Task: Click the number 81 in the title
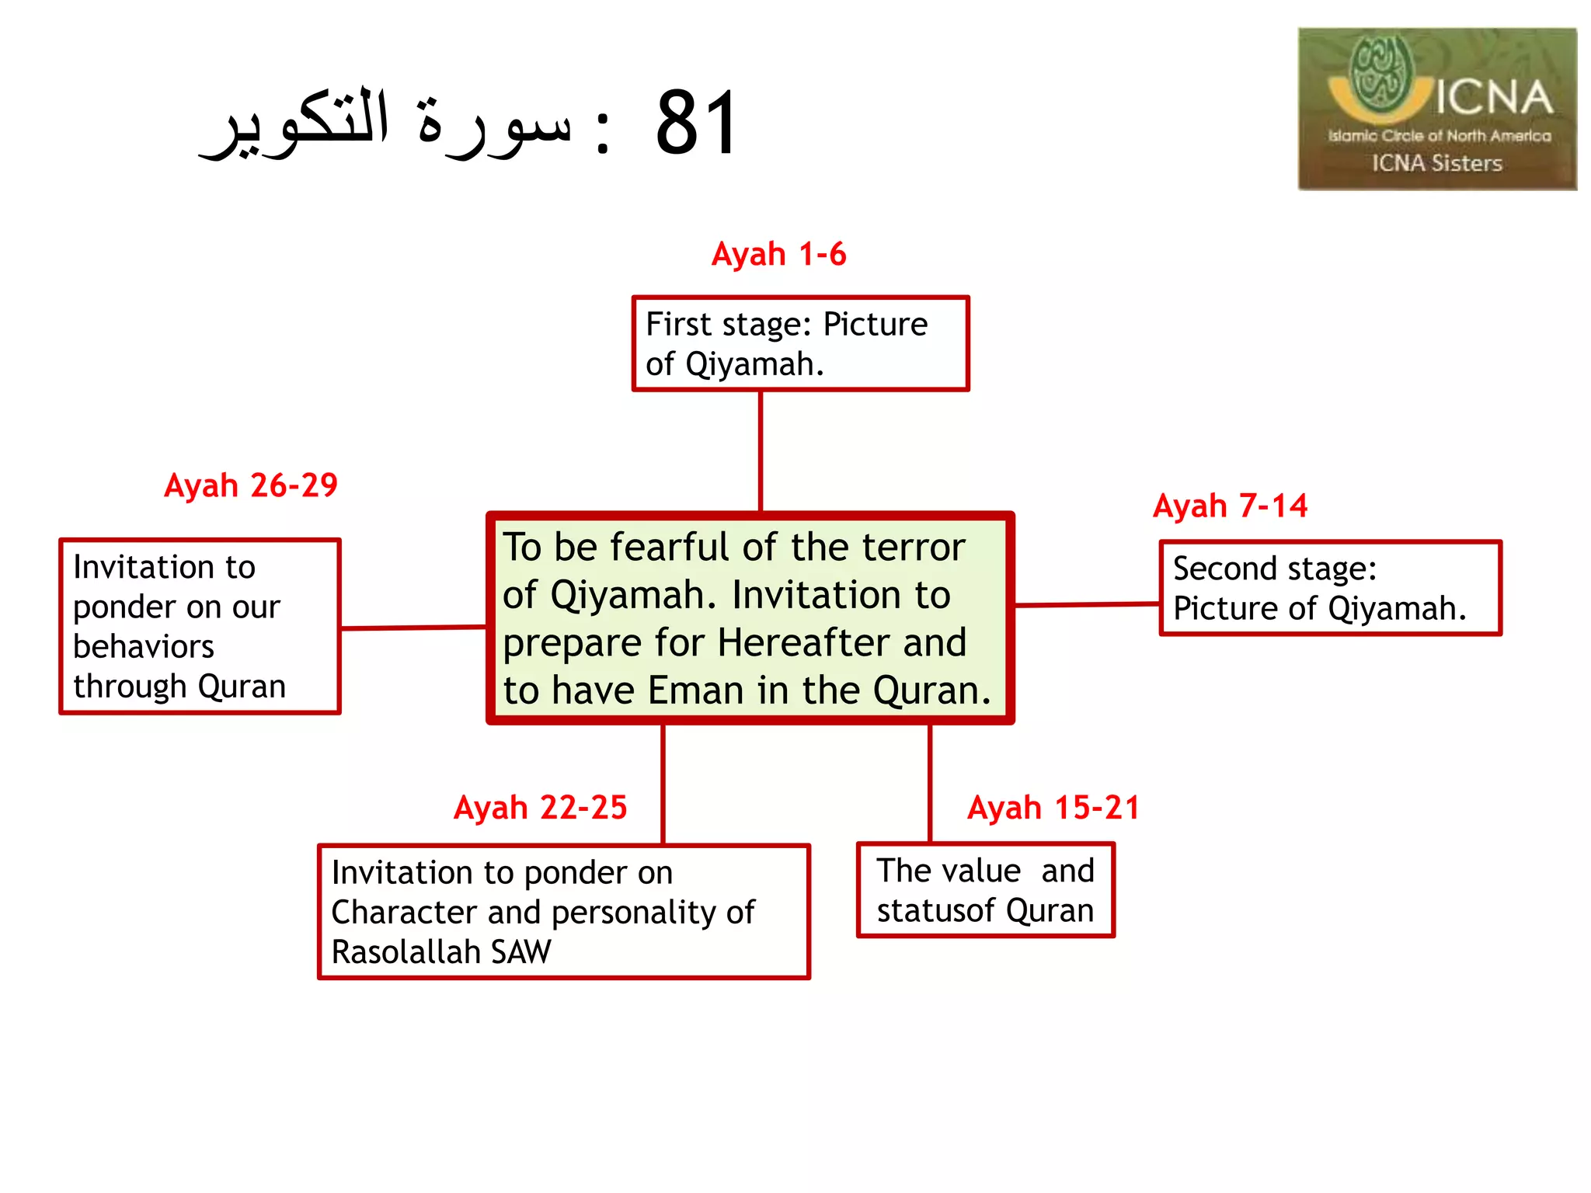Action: [x=696, y=123]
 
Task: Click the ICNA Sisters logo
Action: [x=1436, y=109]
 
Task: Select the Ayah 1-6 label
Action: [x=778, y=254]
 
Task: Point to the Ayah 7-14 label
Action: [x=1230, y=506]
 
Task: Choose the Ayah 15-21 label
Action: [x=1053, y=808]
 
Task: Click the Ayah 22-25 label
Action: [x=540, y=808]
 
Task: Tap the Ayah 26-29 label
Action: [x=251, y=485]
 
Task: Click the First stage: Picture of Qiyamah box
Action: [x=800, y=343]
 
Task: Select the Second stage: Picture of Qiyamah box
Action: [x=1329, y=588]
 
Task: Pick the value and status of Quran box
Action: [x=985, y=890]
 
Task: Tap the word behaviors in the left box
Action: [x=144, y=647]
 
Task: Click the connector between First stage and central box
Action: [x=761, y=450]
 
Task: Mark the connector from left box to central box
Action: [x=413, y=628]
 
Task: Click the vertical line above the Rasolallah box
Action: [x=663, y=784]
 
